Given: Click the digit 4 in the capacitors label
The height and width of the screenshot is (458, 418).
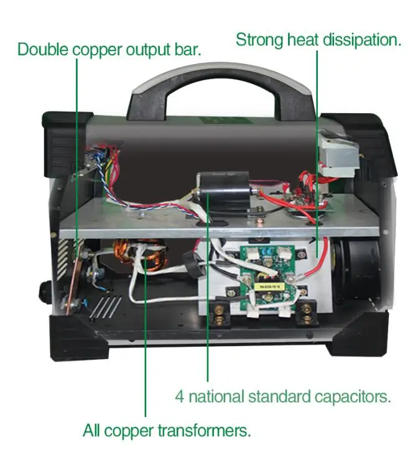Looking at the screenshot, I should (x=179, y=396).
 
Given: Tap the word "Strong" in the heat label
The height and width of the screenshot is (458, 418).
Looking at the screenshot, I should (x=259, y=40).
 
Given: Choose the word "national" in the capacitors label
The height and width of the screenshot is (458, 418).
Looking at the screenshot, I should (x=216, y=396).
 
